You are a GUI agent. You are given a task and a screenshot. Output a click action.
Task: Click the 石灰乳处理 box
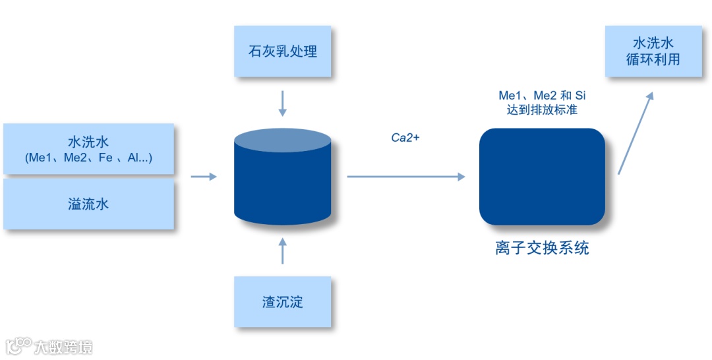point(283,51)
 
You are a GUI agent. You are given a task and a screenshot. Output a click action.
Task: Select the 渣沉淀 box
point(283,302)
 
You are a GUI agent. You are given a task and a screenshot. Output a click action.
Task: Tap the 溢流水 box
point(88,204)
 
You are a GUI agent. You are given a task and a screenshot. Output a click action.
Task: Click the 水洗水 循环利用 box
point(653,51)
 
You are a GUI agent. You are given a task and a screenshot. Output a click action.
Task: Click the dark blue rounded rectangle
point(542,177)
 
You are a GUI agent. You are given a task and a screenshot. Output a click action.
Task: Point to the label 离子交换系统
point(542,249)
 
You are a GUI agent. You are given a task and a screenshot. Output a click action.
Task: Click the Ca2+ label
point(405,138)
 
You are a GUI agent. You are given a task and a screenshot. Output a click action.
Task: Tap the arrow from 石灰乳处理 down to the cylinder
point(283,104)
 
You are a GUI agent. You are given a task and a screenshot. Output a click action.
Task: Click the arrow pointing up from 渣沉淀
point(283,251)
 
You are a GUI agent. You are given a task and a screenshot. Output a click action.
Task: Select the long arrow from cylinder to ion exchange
point(405,177)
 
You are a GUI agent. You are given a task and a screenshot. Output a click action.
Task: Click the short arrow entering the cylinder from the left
point(203,177)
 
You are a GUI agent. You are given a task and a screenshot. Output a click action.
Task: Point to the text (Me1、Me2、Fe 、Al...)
point(88,158)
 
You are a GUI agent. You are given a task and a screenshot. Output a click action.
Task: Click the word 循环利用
point(653,59)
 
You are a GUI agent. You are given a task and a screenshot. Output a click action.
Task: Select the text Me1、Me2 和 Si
point(542,95)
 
